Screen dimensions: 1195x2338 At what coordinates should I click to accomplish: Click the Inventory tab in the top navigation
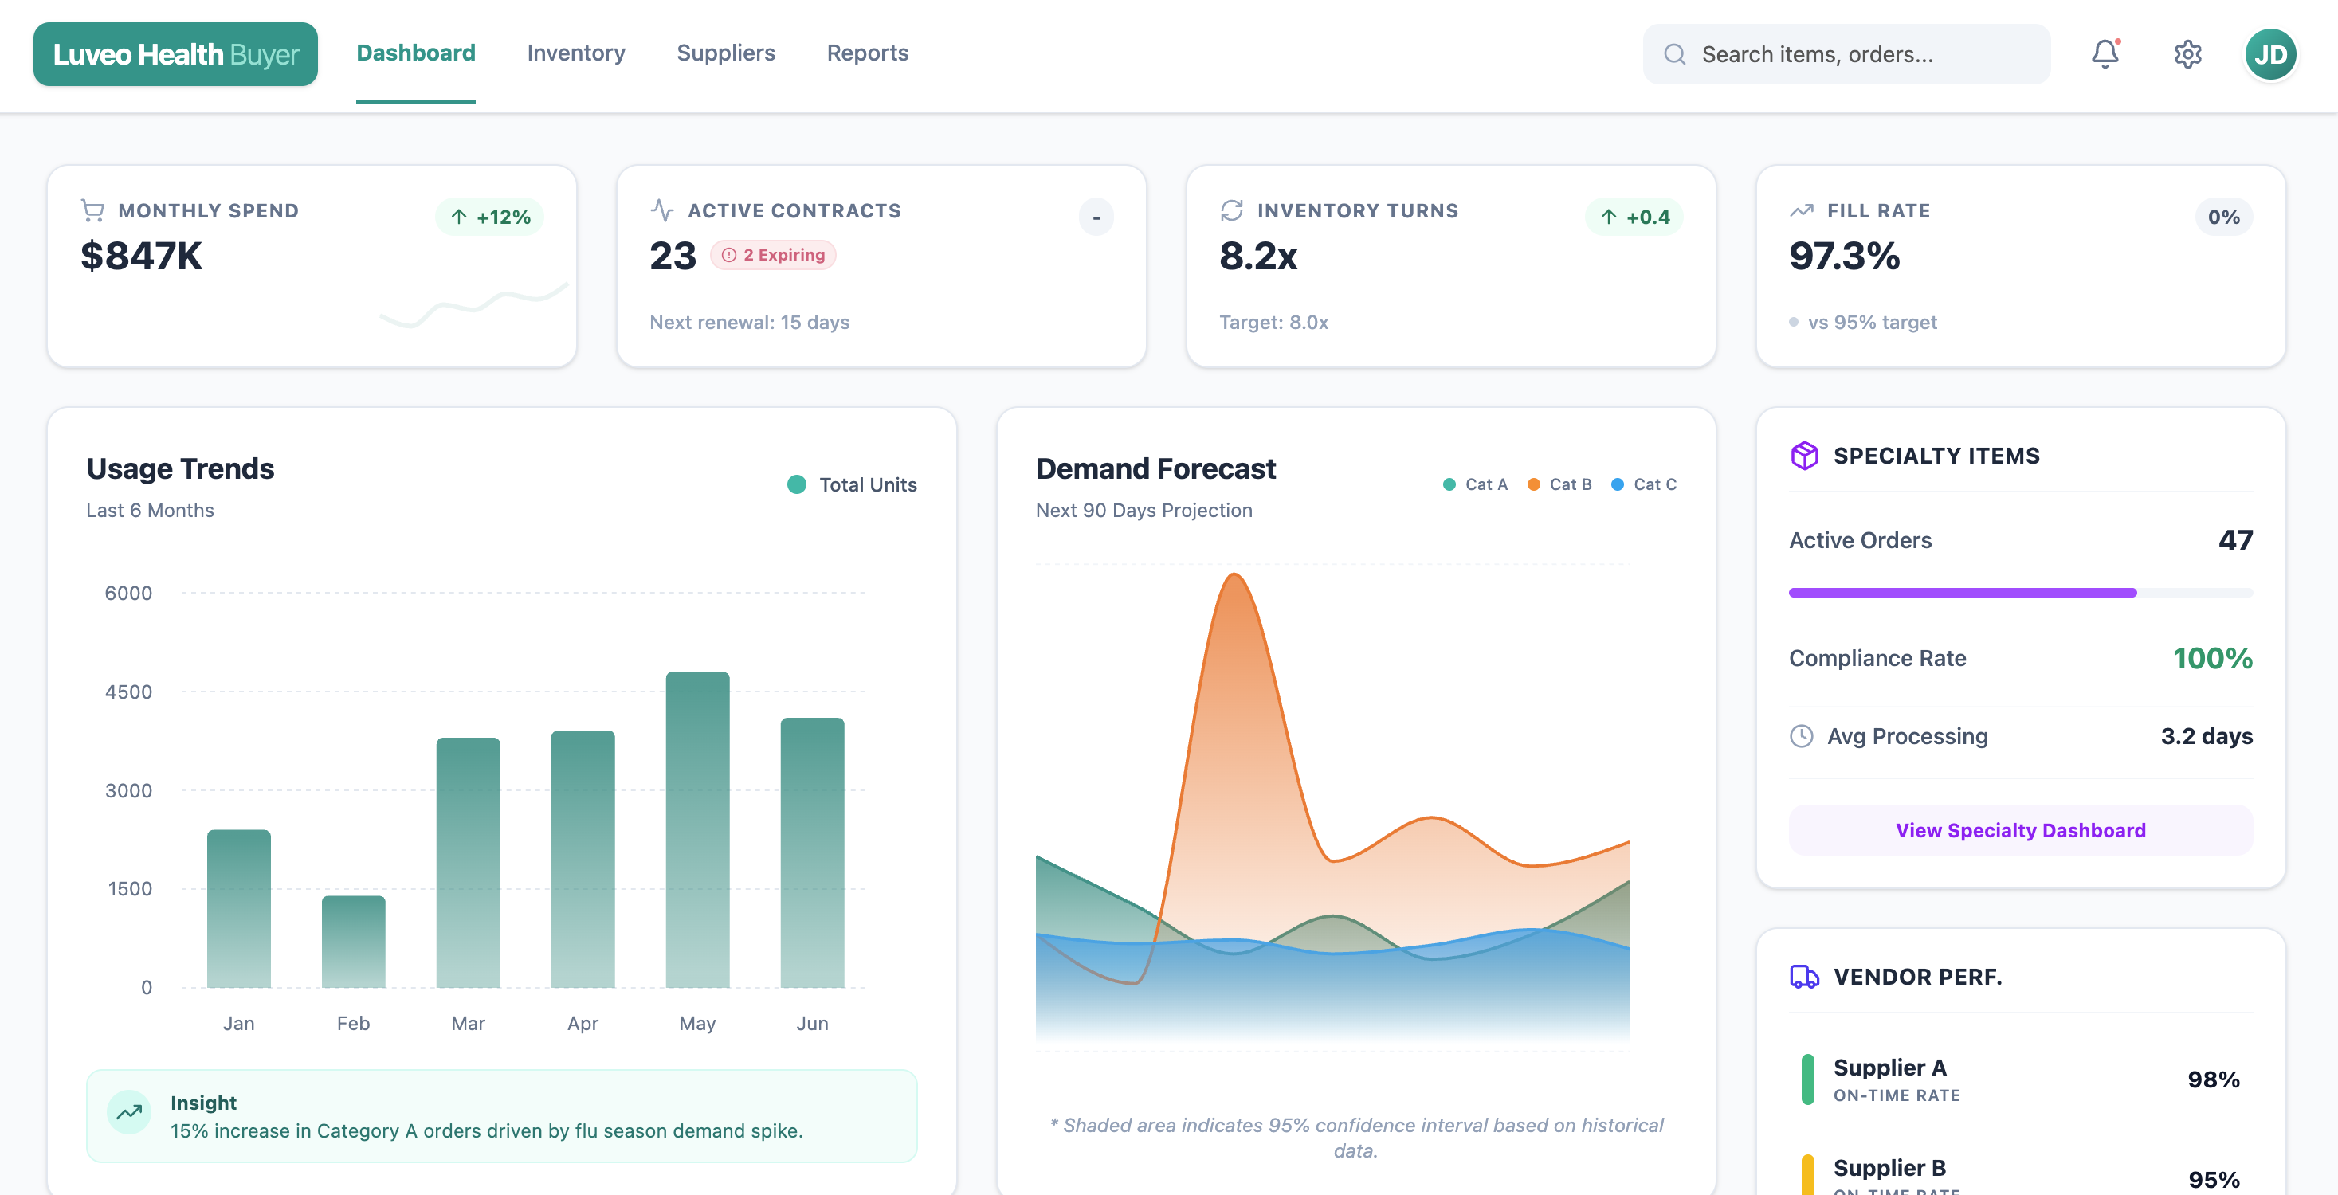click(575, 53)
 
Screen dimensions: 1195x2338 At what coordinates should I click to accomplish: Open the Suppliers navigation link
click(725, 53)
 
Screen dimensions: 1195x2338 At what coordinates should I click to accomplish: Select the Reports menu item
click(867, 53)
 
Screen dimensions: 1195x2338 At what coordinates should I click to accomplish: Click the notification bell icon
click(2104, 53)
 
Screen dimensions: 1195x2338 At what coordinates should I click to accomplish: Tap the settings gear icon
click(2187, 54)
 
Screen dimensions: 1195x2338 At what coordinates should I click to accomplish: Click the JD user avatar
click(2270, 54)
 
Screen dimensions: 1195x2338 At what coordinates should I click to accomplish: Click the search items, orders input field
click(1846, 54)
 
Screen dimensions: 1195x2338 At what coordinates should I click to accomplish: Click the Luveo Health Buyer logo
click(175, 54)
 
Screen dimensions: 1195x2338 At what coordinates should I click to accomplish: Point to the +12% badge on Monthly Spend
click(490, 217)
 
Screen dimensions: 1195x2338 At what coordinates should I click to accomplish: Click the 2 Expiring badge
click(773, 255)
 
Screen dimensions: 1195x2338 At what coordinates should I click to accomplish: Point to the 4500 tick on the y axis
click(128, 692)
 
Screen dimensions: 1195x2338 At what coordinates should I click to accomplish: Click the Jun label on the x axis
click(811, 1023)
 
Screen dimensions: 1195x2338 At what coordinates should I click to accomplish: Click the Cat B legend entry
click(1560, 484)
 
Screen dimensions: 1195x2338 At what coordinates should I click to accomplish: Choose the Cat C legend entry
click(1644, 484)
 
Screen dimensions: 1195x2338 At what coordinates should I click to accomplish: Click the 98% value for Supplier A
click(2213, 1079)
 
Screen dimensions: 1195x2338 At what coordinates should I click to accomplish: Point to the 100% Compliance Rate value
click(2212, 658)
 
